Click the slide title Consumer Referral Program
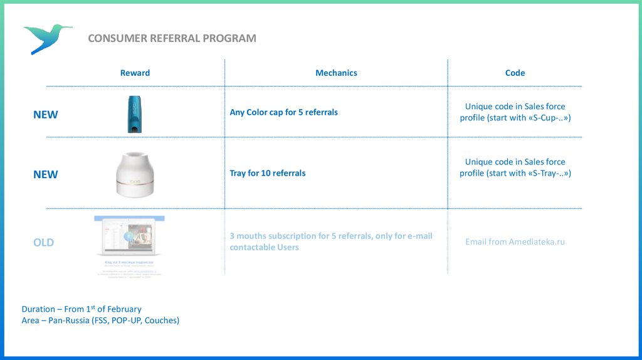click(172, 38)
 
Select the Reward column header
click(135, 73)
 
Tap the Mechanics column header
click(336, 73)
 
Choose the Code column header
click(515, 73)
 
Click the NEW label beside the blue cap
click(45, 115)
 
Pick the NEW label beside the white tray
click(45, 174)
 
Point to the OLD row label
click(43, 242)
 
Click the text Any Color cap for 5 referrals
click(283, 112)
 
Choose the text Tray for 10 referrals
click(268, 173)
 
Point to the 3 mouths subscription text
click(330, 241)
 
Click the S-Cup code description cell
click(515, 112)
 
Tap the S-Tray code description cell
click(515, 167)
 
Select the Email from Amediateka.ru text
click(515, 241)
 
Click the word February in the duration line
click(124, 309)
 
